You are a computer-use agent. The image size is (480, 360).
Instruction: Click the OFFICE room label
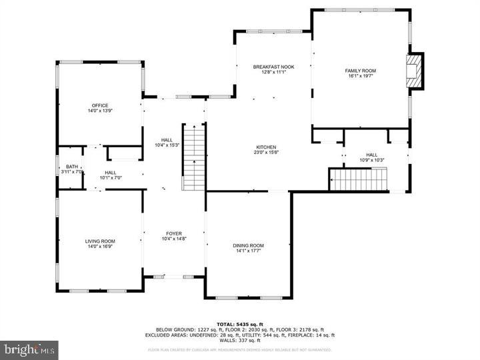click(100, 105)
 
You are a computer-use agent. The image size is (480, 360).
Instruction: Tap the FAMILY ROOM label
click(360, 71)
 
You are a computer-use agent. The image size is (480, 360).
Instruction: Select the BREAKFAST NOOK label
click(273, 67)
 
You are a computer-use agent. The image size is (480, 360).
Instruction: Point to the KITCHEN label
click(267, 147)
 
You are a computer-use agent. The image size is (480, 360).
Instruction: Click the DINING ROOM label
click(249, 245)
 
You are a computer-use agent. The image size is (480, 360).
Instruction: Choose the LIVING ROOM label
click(100, 241)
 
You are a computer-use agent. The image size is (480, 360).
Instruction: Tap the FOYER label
click(174, 234)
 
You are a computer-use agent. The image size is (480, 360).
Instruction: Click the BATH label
click(71, 167)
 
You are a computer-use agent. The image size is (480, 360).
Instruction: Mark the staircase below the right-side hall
click(359, 179)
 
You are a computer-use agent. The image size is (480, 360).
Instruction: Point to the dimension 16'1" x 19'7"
click(360, 77)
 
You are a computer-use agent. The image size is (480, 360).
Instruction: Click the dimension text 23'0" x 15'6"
click(267, 153)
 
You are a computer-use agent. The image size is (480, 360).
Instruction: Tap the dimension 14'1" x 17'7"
click(249, 251)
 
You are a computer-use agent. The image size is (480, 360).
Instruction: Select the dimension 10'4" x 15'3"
click(167, 145)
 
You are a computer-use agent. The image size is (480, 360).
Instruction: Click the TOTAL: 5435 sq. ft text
click(239, 324)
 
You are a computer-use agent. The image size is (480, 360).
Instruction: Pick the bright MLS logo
click(29, 349)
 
